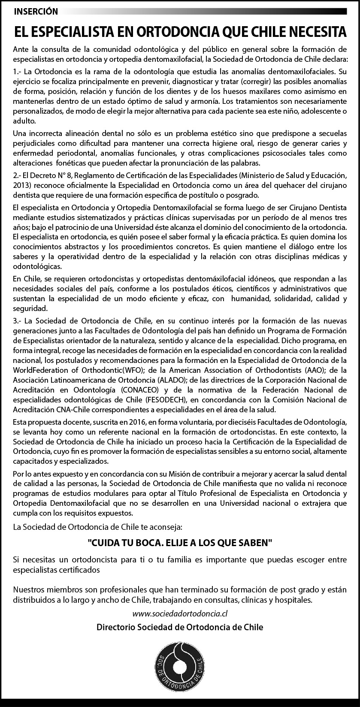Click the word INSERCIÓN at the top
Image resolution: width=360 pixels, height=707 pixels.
[x=36, y=12]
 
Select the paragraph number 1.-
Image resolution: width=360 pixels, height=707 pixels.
[x=18, y=70]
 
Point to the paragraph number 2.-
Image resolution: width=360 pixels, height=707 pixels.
[x=18, y=175]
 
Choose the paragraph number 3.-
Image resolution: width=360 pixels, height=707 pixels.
[x=18, y=321]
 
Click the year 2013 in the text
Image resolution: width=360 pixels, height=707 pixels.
[x=21, y=185]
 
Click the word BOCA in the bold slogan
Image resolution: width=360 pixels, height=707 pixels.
[x=144, y=543]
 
